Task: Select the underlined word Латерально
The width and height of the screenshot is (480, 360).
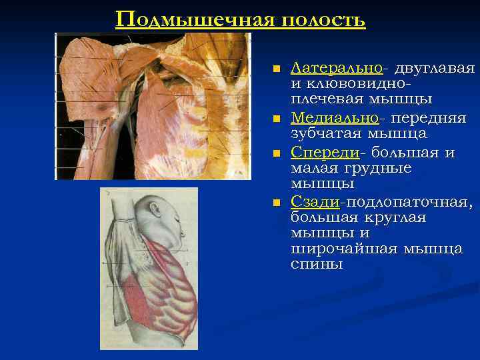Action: [x=337, y=68]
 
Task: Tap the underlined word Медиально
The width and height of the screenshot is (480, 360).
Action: [x=334, y=118]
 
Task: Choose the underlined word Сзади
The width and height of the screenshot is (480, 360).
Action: [x=315, y=202]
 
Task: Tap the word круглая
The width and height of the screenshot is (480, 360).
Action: [x=395, y=218]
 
